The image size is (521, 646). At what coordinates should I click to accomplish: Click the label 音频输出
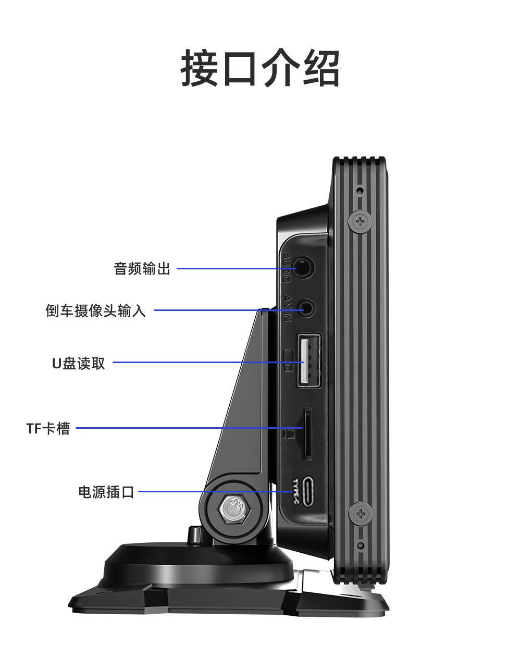142,269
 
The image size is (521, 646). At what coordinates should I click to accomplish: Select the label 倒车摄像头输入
96,311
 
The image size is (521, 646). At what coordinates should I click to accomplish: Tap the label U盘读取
79,363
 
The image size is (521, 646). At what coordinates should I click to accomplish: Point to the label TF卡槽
48,429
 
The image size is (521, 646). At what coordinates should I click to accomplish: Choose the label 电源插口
106,491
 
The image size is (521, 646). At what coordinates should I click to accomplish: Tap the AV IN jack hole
307,307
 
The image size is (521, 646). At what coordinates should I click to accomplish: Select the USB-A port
308,361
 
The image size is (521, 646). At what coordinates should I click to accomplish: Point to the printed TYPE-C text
296,491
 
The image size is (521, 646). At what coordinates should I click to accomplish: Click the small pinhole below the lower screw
361,545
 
